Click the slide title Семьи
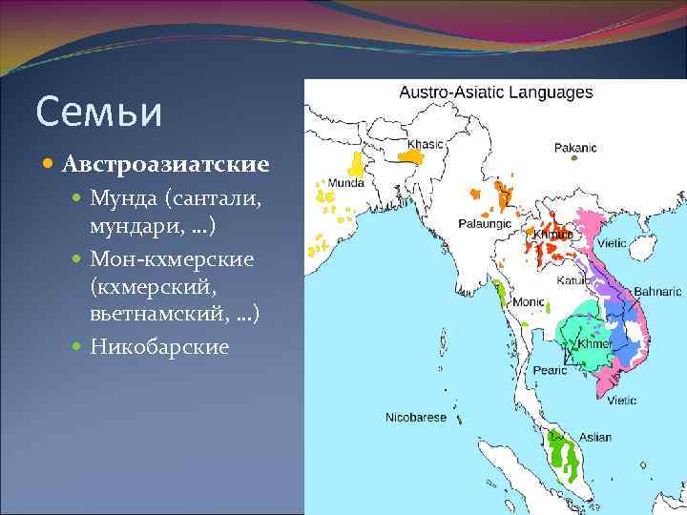point(98,112)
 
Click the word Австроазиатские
point(165,164)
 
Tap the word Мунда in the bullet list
point(124,200)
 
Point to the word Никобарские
point(159,345)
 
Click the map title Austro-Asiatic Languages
point(495,93)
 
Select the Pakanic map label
point(575,148)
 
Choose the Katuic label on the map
point(573,281)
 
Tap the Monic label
point(529,301)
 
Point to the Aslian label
point(594,437)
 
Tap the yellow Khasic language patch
point(411,158)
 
